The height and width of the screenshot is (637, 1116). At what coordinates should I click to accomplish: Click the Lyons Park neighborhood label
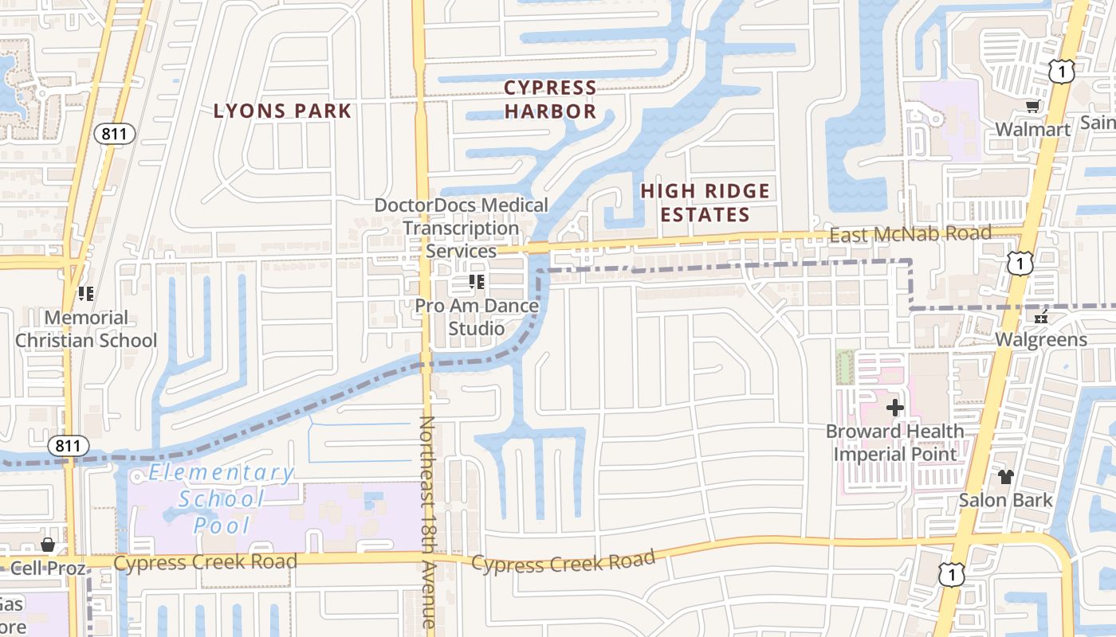click(x=282, y=111)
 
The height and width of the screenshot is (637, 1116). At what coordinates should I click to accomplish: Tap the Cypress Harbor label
click(x=550, y=100)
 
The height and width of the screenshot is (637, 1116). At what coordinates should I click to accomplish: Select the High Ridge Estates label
click(x=705, y=202)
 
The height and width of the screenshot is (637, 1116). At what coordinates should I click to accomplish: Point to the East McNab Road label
click(x=910, y=233)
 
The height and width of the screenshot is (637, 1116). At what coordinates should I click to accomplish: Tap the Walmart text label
click(x=1032, y=129)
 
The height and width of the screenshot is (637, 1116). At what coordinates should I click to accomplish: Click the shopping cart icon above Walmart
click(x=1032, y=107)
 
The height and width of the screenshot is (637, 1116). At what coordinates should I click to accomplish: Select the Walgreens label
click(x=1040, y=340)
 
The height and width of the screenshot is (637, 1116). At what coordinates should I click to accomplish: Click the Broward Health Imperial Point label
click(x=894, y=443)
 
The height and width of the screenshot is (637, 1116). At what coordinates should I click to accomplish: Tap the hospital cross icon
click(x=894, y=408)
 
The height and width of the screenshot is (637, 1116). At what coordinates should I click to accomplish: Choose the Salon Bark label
click(x=1005, y=500)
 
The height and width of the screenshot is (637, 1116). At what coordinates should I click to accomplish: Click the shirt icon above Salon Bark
click(x=1005, y=477)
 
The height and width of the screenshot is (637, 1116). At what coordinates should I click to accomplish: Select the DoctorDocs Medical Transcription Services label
click(x=462, y=228)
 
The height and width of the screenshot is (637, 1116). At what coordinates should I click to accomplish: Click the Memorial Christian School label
click(x=86, y=329)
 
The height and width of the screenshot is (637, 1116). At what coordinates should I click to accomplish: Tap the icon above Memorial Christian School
click(x=86, y=294)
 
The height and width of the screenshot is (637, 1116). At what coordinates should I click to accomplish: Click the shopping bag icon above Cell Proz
click(x=48, y=545)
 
